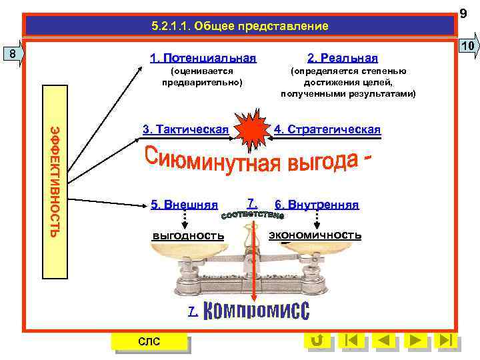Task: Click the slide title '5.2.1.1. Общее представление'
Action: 239,27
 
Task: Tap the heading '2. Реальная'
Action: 342,58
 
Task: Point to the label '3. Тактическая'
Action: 185,129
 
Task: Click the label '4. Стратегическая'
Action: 327,129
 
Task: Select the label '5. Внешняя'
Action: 184,205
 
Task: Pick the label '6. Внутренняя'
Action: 317,205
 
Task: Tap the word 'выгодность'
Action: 188,235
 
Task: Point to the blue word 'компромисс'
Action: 255,310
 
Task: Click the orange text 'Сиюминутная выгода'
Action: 257,161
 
